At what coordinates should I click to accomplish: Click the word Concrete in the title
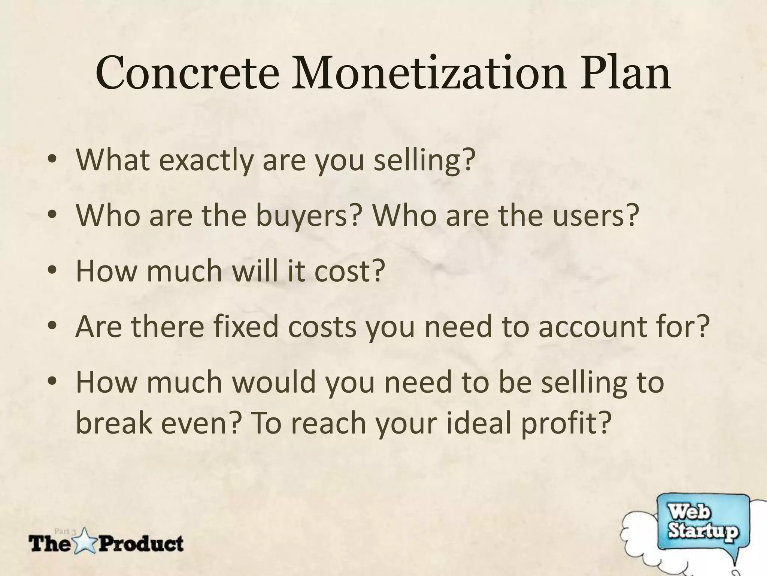point(187,73)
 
